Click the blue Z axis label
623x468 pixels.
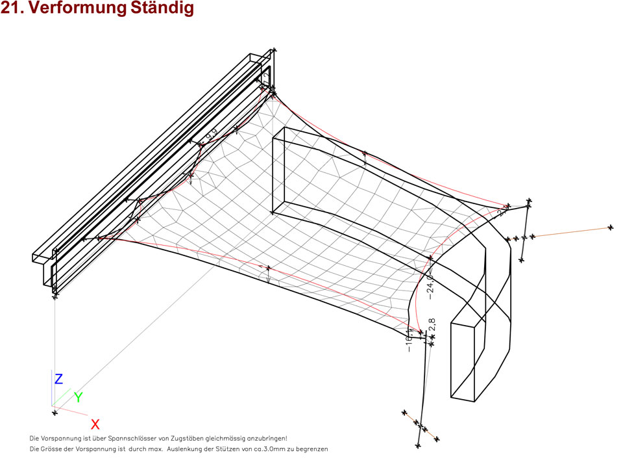(58, 379)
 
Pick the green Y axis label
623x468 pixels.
(78, 396)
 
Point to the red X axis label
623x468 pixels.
(95, 424)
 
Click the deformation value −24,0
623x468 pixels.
(429, 287)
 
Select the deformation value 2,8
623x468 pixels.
(432, 324)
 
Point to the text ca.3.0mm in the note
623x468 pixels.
(266, 449)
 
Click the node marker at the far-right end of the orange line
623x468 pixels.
(611, 227)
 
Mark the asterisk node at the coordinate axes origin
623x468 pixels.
(55, 412)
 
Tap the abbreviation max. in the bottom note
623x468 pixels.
(154, 449)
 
